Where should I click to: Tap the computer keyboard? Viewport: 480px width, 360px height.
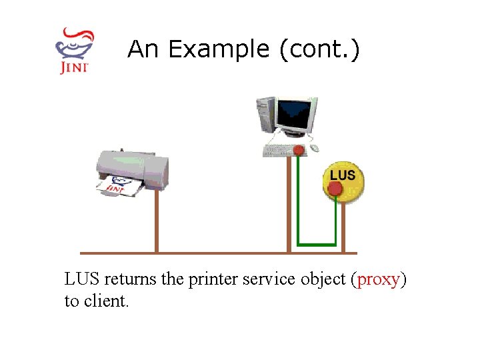[280, 151]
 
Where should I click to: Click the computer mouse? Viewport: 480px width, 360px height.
[314, 148]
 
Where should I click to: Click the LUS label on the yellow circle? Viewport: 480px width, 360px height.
[343, 175]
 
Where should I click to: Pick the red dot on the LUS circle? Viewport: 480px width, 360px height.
[335, 189]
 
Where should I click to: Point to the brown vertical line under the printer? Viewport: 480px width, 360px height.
[157, 220]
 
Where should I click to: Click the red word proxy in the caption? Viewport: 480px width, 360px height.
[379, 279]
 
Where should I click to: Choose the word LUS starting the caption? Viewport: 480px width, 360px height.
[82, 279]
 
